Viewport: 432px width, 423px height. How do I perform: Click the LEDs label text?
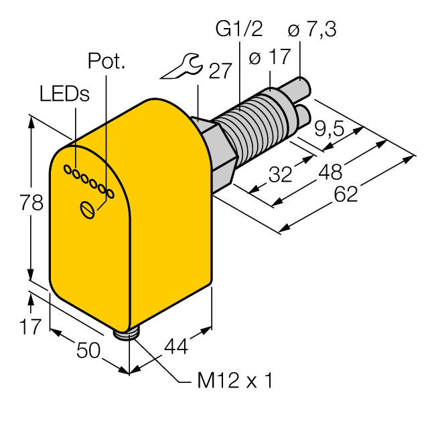(64, 94)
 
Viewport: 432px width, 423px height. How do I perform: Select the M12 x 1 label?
(235, 382)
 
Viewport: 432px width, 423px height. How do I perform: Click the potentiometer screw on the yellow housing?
(87, 209)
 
